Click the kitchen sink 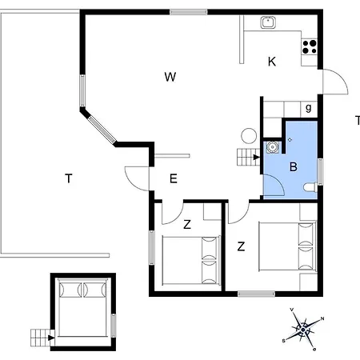(268, 22)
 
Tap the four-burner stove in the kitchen (310, 47)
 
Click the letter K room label (272, 62)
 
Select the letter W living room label (170, 77)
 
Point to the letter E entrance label (174, 178)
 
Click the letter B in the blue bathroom (294, 166)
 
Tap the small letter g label (309, 108)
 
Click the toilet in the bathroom (310, 187)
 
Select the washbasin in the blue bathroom (272, 147)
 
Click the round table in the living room (249, 136)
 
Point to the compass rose (303, 330)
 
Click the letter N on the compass (322, 318)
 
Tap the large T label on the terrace (69, 178)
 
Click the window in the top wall (189, 12)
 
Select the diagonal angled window (102, 129)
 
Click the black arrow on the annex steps (51, 338)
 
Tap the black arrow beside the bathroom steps (257, 157)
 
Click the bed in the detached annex (82, 307)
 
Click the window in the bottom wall (256, 294)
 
